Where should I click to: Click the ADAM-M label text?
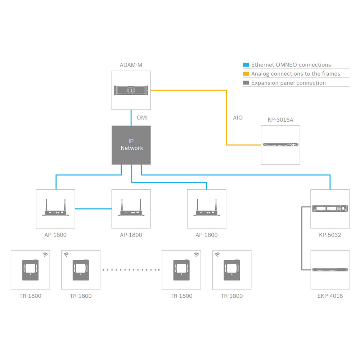(x=131, y=65)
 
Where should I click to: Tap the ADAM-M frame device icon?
(x=131, y=90)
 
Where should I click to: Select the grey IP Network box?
(x=131, y=145)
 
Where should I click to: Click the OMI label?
(x=142, y=118)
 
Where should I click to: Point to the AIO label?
(x=238, y=118)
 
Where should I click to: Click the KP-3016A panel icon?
(x=280, y=145)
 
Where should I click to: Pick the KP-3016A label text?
(x=280, y=120)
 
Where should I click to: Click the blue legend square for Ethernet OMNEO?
(x=246, y=65)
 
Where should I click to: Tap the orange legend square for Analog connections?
(x=246, y=74)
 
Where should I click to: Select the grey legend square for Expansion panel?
(x=246, y=83)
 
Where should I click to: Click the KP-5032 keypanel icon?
(x=330, y=208)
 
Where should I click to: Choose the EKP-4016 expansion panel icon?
(x=330, y=270)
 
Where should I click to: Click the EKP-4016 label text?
(x=330, y=296)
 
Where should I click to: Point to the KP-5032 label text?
(x=330, y=235)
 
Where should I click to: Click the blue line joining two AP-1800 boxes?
(x=93, y=208)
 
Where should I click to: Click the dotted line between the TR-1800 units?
(x=131, y=270)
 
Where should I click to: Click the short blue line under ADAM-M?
(x=131, y=118)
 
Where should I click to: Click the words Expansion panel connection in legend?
(x=288, y=83)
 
